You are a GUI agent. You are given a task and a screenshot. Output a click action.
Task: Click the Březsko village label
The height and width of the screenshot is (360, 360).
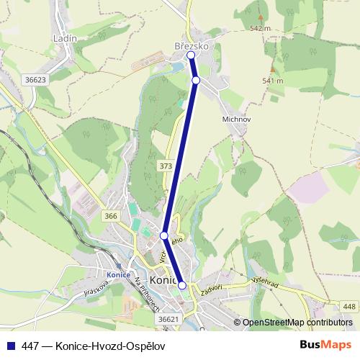(x=192, y=45)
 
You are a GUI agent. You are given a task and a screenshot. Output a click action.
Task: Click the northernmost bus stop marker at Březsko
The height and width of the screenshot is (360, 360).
(x=191, y=55)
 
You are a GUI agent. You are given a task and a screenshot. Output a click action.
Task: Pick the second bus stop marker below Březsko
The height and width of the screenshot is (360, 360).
(x=196, y=80)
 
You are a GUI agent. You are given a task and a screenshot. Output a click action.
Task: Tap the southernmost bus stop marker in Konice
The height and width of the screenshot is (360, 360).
(x=181, y=286)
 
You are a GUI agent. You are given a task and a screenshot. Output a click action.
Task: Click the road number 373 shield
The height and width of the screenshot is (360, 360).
(x=166, y=166)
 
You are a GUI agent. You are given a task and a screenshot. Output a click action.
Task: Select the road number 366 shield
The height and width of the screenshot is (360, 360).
(x=110, y=216)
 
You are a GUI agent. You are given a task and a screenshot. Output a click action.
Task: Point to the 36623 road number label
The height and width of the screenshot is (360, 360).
(x=34, y=80)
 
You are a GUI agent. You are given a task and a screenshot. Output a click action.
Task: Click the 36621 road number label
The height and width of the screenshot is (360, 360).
(x=167, y=319)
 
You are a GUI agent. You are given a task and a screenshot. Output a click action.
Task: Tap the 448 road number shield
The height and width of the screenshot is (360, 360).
(x=349, y=307)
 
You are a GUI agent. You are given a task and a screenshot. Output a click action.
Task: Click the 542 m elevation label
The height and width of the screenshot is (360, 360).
(x=259, y=28)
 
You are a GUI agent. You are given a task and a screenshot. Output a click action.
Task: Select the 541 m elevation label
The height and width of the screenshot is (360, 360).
(x=273, y=81)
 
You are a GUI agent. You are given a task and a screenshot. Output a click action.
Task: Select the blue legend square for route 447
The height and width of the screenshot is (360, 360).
(x=10, y=346)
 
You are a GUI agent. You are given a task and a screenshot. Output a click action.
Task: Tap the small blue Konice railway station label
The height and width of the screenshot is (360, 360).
(x=118, y=274)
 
